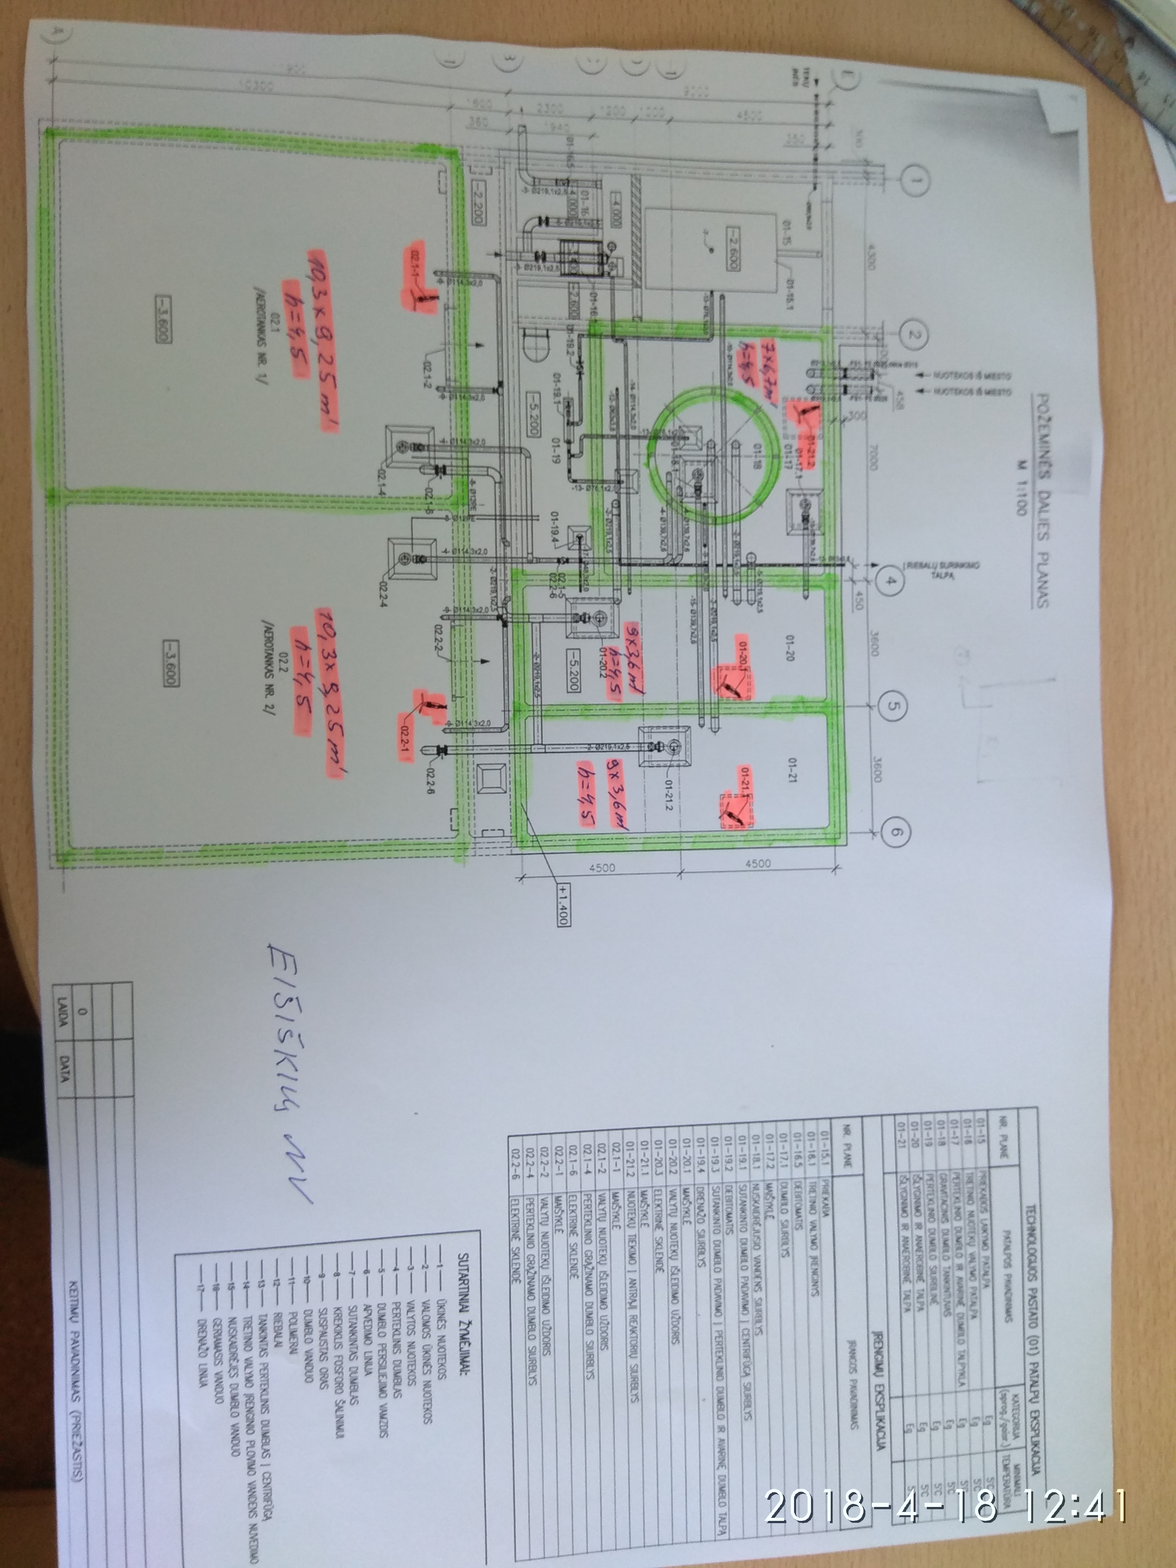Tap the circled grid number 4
(x=890, y=583)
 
